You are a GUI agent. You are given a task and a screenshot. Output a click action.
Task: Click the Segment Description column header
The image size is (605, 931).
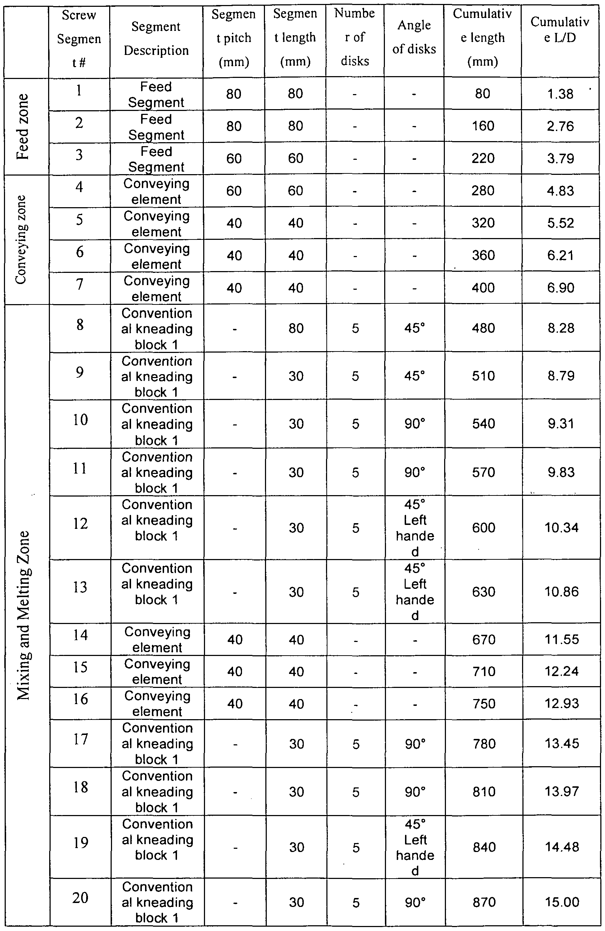156,38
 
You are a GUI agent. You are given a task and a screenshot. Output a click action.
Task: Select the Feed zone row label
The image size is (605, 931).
23,126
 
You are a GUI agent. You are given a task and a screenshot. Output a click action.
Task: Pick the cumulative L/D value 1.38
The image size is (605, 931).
560,94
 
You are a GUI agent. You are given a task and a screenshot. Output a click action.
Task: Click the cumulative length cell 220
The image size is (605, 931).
483,158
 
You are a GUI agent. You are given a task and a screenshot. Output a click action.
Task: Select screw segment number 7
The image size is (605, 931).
79,284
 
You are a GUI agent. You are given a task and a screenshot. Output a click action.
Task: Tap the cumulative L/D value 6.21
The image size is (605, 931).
560,255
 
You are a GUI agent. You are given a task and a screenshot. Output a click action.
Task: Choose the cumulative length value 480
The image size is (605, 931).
483,328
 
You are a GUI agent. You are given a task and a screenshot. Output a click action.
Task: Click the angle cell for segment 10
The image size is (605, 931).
415,424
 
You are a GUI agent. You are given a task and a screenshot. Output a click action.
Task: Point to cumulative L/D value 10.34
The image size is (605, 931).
561,527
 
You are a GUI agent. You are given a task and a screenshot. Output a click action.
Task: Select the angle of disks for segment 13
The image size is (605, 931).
415,591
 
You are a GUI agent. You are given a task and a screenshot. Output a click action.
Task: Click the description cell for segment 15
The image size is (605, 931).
157,671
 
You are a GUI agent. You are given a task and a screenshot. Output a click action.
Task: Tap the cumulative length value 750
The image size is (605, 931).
484,703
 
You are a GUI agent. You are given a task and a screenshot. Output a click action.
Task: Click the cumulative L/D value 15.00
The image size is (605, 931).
562,902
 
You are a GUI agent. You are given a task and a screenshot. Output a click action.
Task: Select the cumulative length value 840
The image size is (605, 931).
484,847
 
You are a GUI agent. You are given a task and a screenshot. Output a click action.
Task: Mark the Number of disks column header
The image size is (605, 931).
355,37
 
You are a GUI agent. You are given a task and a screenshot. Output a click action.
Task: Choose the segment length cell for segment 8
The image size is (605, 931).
296,328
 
